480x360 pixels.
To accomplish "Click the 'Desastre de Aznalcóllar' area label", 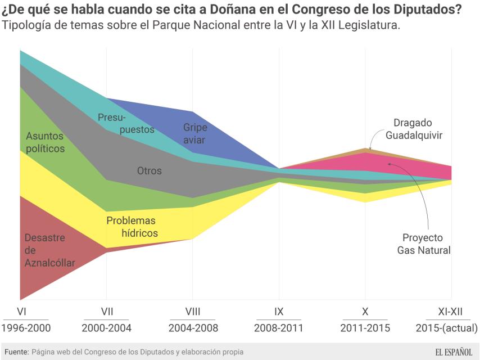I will click(x=45, y=250).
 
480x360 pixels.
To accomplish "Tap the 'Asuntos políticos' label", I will click(x=45, y=142).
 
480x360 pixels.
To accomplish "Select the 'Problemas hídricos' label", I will click(x=131, y=227).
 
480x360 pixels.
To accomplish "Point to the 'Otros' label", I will click(x=149, y=170).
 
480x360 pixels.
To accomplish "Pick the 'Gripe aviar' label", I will click(x=194, y=133).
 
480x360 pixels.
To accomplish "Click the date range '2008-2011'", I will click(x=279, y=328).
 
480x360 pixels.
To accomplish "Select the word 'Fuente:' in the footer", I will click(x=16, y=352).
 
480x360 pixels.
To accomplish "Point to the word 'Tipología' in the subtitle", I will click(x=24, y=26).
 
